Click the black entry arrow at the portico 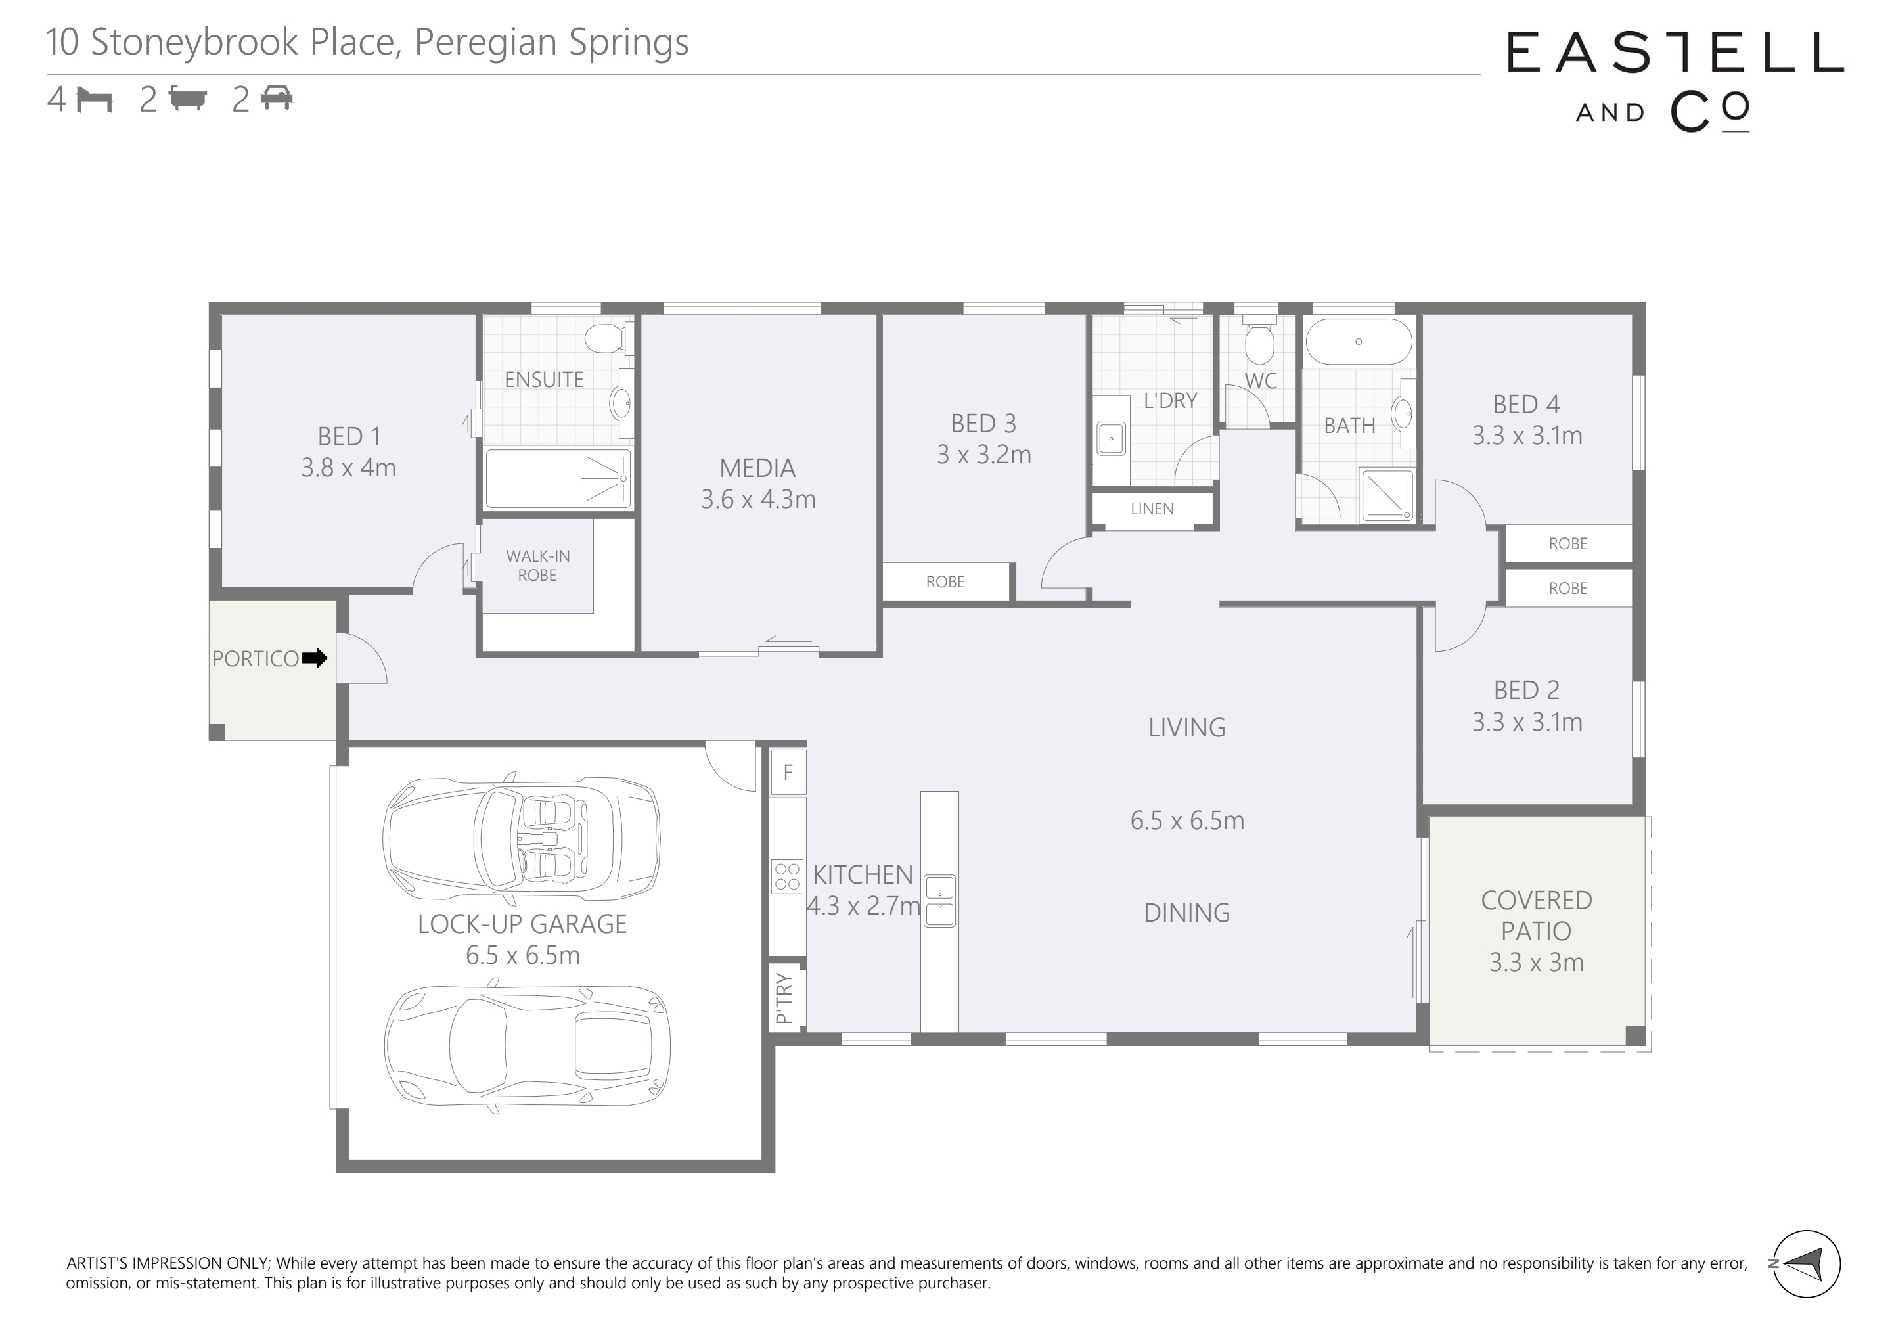[315, 658]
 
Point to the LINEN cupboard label [1152, 509]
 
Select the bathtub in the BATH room [1359, 341]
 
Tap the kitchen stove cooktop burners [788, 876]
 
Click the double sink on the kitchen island [939, 901]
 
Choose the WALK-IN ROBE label [537, 566]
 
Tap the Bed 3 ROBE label [945, 582]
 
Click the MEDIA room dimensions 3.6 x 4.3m [758, 499]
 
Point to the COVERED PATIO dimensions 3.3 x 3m [1537, 962]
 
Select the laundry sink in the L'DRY [1112, 438]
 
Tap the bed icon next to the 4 [94, 100]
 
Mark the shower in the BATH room [1387, 495]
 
